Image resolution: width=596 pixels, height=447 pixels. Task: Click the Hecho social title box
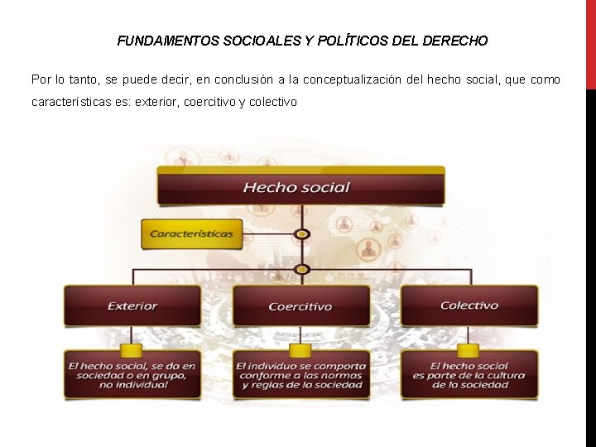pyautogui.click(x=301, y=186)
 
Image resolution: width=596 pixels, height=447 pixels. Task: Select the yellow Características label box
pyautogui.click(x=191, y=233)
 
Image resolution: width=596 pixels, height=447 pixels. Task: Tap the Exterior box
pyautogui.click(x=132, y=305)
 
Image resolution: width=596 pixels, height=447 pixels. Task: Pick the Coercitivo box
pyautogui.click(x=300, y=305)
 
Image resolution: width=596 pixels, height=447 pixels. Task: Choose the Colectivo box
pyautogui.click(x=469, y=305)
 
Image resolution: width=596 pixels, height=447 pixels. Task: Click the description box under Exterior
pyautogui.click(x=132, y=375)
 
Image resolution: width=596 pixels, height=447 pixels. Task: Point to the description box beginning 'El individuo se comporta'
pyautogui.click(x=300, y=375)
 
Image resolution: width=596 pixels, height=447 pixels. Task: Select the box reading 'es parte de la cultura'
pyautogui.click(x=469, y=375)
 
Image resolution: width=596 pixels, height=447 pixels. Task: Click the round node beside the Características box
pyautogui.click(x=303, y=234)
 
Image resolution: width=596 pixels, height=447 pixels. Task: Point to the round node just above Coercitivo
pyautogui.click(x=303, y=269)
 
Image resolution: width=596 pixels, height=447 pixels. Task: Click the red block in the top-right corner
pyautogui.click(x=590, y=43)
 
